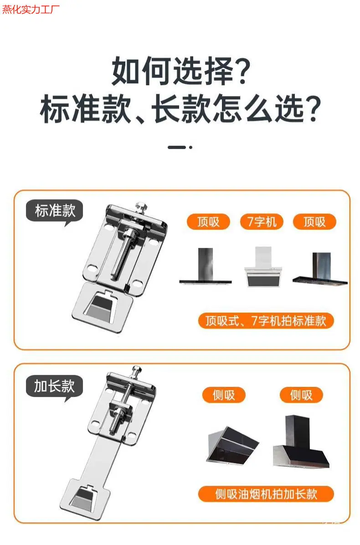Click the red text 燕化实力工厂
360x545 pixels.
31,9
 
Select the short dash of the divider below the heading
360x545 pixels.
176,147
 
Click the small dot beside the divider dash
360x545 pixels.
190,147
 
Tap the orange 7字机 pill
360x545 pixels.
262,222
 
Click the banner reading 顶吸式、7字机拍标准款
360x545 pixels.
266,320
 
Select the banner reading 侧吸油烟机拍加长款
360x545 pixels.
266,494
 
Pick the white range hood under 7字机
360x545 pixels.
263,267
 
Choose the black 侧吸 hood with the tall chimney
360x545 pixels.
301,441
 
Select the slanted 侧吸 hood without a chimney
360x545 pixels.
232,445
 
